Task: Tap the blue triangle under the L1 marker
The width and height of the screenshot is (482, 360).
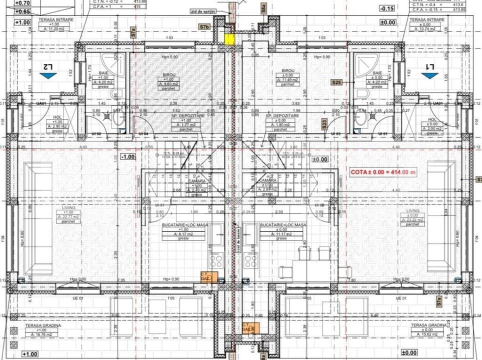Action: coord(429,75)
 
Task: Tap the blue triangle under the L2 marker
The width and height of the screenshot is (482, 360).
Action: coord(48,75)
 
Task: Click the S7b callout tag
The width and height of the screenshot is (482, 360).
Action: coord(204,26)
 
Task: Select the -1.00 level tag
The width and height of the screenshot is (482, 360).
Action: coord(128,156)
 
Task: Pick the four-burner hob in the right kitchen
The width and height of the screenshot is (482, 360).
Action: coord(250,260)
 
